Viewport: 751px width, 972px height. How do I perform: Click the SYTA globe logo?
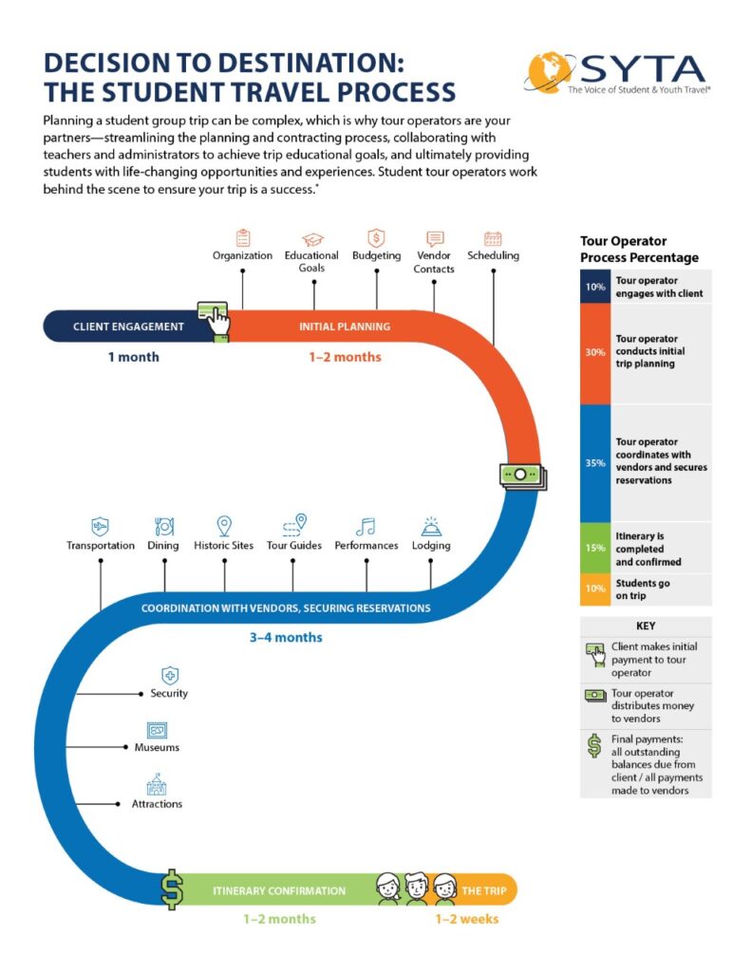[x=552, y=73]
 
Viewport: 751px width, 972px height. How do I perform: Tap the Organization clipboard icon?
[x=242, y=237]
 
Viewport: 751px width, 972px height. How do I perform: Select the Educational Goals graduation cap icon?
[x=311, y=239]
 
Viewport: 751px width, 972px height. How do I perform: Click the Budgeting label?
[x=376, y=256]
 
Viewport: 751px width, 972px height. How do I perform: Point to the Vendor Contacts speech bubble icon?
[x=435, y=238]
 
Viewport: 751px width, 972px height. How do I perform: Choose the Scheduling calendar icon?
[x=493, y=238]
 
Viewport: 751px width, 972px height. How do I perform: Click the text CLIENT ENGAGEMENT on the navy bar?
[x=128, y=327]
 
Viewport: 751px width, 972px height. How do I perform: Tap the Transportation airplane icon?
[x=100, y=526]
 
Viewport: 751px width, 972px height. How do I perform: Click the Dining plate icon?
[x=163, y=526]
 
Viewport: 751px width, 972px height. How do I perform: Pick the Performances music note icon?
[x=366, y=527]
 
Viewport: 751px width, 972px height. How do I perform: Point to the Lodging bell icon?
[x=431, y=527]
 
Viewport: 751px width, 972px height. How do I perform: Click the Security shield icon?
[x=169, y=675]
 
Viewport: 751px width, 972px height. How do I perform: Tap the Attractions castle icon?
[x=157, y=785]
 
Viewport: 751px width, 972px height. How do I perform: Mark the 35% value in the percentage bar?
[x=594, y=463]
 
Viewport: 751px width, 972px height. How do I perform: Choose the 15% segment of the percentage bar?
[x=594, y=549]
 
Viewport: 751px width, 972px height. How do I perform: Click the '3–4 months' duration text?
[x=286, y=638]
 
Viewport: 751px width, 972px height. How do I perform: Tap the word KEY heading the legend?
[x=646, y=626]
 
